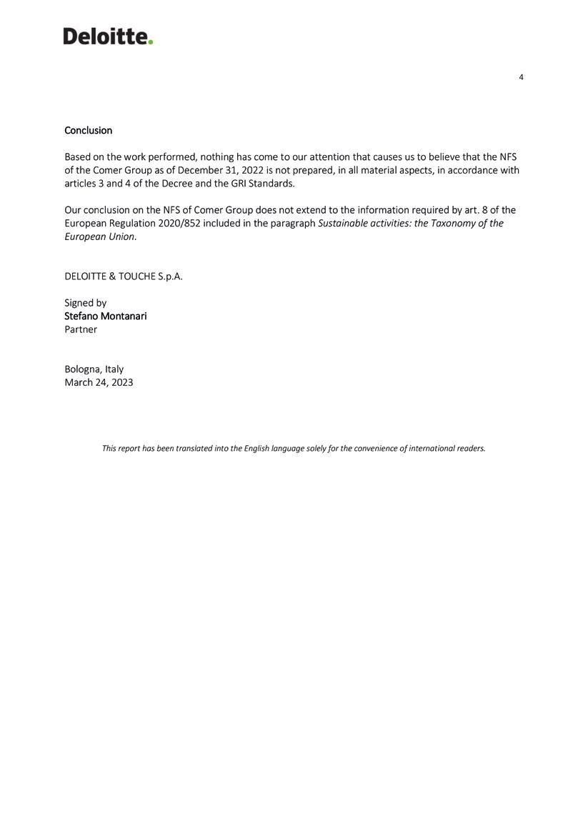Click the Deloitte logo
(x=107, y=36)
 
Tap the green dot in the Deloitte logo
(x=151, y=42)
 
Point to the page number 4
(x=521, y=77)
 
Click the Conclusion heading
(x=88, y=130)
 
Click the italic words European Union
(x=99, y=237)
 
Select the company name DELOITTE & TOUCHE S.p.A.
(x=123, y=277)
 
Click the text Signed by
(x=85, y=303)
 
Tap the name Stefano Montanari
(x=105, y=316)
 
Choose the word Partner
(x=81, y=329)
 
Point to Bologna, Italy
(x=94, y=369)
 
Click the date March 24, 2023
(x=99, y=382)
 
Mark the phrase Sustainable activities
(x=364, y=224)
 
